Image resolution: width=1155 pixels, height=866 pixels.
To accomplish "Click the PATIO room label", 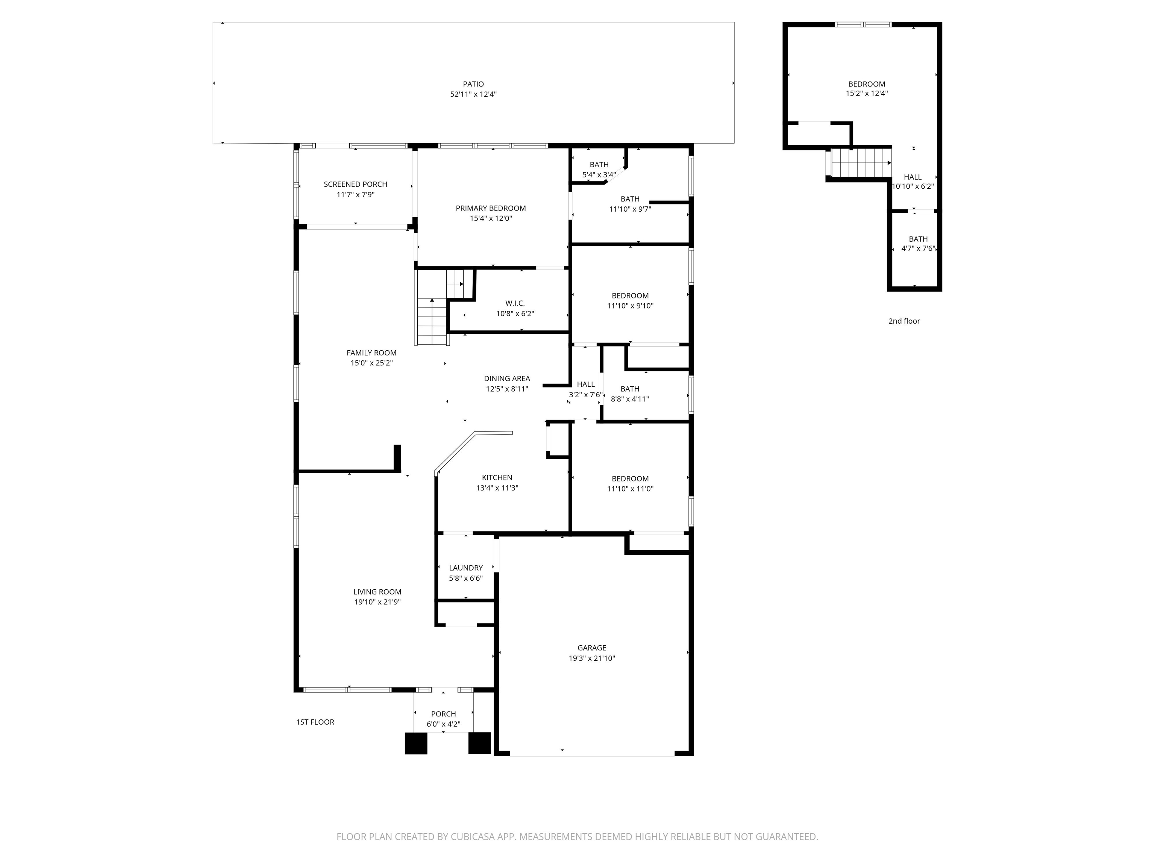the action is pos(473,84).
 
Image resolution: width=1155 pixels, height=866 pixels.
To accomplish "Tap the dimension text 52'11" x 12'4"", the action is pos(473,94).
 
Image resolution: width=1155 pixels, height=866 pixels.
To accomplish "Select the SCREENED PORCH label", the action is pos(356,184).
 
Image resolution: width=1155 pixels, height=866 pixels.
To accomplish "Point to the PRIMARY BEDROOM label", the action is pos(491,208).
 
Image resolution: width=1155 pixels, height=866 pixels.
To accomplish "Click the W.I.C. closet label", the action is pos(515,303).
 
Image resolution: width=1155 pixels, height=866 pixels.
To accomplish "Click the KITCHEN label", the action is pos(497,478).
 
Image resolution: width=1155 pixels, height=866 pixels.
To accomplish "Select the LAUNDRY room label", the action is pos(466,568).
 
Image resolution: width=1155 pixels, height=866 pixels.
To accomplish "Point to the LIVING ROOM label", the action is pos(377,592).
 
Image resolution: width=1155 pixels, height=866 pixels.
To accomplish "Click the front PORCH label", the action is pos(443,714).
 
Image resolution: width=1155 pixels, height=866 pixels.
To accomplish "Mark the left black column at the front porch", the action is pos(416,743).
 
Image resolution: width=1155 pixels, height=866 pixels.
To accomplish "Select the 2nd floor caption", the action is pos(904,321).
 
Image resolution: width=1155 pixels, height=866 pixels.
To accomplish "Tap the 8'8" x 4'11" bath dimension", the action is pos(630,399).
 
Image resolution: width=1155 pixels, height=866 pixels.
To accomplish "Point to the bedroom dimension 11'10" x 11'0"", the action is pos(630,489).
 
